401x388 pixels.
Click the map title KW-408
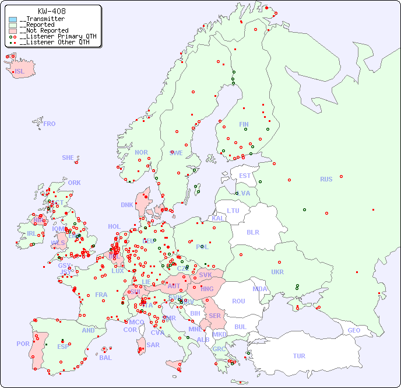pos(51,11)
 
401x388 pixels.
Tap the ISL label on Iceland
pos(20,72)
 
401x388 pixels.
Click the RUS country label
pos(326,179)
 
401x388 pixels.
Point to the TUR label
pos(299,356)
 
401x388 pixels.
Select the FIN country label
pos(244,124)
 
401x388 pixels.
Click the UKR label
pos(277,272)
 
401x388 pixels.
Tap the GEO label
pos(354,330)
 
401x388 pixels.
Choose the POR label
pos(23,344)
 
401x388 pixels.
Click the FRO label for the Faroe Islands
pos(50,124)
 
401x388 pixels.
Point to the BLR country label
pos(252,232)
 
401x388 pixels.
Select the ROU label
pos(238,301)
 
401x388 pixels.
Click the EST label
pos(245,176)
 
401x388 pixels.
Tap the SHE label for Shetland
pos(68,158)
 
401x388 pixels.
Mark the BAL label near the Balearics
pos(105,358)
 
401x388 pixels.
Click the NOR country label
pos(141,152)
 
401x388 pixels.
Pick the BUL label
pos(240,327)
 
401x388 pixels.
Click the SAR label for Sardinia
pos(153,345)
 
